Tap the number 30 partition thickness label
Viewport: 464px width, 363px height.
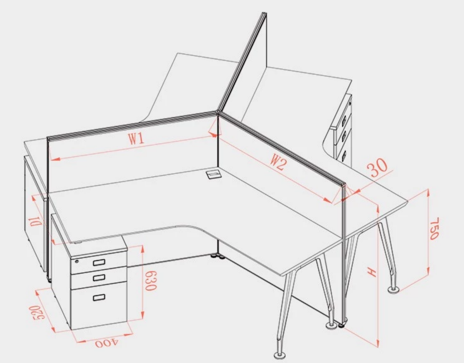[x=377, y=167]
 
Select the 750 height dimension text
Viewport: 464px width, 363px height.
[x=434, y=229]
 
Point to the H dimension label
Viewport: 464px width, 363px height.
[x=372, y=271]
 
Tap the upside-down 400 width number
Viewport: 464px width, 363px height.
[x=107, y=343]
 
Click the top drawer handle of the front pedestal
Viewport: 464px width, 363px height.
[x=99, y=262]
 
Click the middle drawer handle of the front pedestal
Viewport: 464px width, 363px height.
[x=99, y=278]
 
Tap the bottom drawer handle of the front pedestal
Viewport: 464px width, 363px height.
[x=99, y=297]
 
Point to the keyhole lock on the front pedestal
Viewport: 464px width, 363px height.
[x=77, y=261]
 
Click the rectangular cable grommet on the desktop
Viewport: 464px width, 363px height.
[x=213, y=174]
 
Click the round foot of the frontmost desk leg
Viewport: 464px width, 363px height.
[x=279, y=355]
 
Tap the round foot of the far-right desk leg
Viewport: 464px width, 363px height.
[x=394, y=290]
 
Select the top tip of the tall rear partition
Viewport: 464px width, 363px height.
[x=264, y=13]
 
